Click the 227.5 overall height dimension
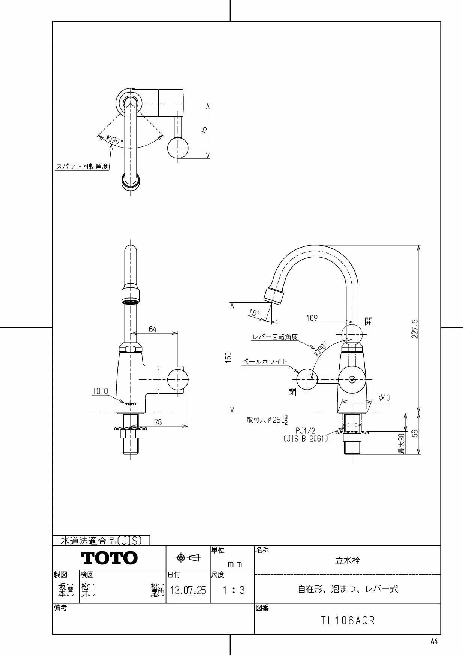415,329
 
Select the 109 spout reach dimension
312,318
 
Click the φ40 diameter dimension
384,398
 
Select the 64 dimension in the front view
153,329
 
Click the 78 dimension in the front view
158,422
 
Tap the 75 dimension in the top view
204,130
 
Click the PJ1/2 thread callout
306,432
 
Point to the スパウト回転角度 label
82,167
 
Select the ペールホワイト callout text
265,361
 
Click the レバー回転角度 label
275,337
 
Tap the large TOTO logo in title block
109,558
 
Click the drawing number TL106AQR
348,621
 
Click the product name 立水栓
347,561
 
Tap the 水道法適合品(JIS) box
101,541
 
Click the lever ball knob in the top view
177,148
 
